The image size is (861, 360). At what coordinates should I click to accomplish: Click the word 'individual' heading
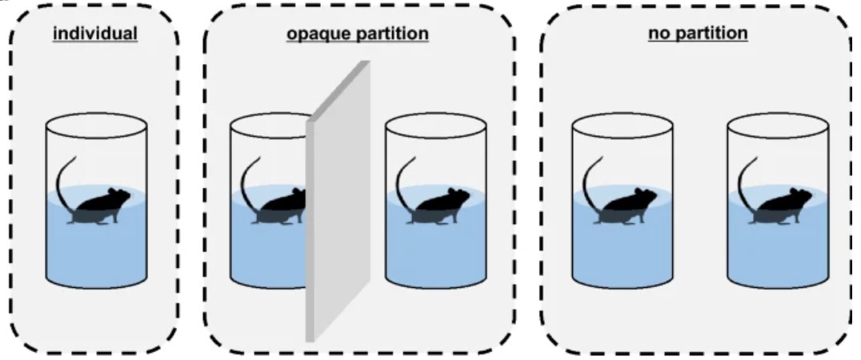coord(96,34)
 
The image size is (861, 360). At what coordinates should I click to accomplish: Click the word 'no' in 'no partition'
coord(658,34)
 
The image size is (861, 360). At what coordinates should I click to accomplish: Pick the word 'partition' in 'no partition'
coord(711,34)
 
